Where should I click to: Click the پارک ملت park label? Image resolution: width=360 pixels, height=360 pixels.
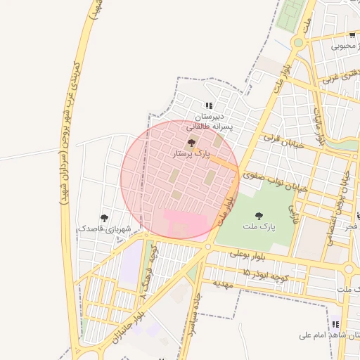tap(259, 227)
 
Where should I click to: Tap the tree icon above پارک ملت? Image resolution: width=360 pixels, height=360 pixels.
tap(259, 216)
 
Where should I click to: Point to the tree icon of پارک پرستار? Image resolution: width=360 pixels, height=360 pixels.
tap(191, 142)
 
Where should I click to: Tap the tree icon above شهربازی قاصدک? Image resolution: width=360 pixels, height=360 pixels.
tap(105, 219)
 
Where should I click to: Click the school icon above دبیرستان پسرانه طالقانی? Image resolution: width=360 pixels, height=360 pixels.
tap(209, 105)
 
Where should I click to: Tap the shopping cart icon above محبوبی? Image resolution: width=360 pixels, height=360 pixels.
tap(352, 34)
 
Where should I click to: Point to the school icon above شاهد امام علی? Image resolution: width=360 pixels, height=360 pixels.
tap(335, 324)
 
